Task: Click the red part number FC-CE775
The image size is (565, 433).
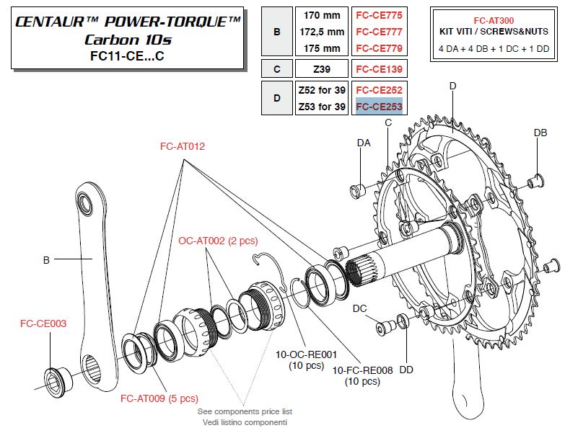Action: click(x=378, y=15)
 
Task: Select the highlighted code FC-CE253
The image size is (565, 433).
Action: click(x=378, y=107)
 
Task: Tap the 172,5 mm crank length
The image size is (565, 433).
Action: click(x=321, y=32)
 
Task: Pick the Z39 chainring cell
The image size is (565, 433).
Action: click(x=321, y=68)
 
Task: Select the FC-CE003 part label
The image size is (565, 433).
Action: click(x=43, y=323)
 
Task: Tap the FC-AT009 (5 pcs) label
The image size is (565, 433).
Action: click(x=159, y=398)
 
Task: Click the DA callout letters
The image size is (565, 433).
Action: click(x=364, y=143)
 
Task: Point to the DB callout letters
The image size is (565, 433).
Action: click(x=540, y=133)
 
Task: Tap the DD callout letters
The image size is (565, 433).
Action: click(x=406, y=370)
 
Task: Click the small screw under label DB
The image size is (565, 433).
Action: click(x=535, y=180)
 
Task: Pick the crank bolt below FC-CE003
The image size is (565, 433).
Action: click(x=54, y=375)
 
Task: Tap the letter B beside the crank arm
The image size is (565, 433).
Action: click(x=46, y=260)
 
